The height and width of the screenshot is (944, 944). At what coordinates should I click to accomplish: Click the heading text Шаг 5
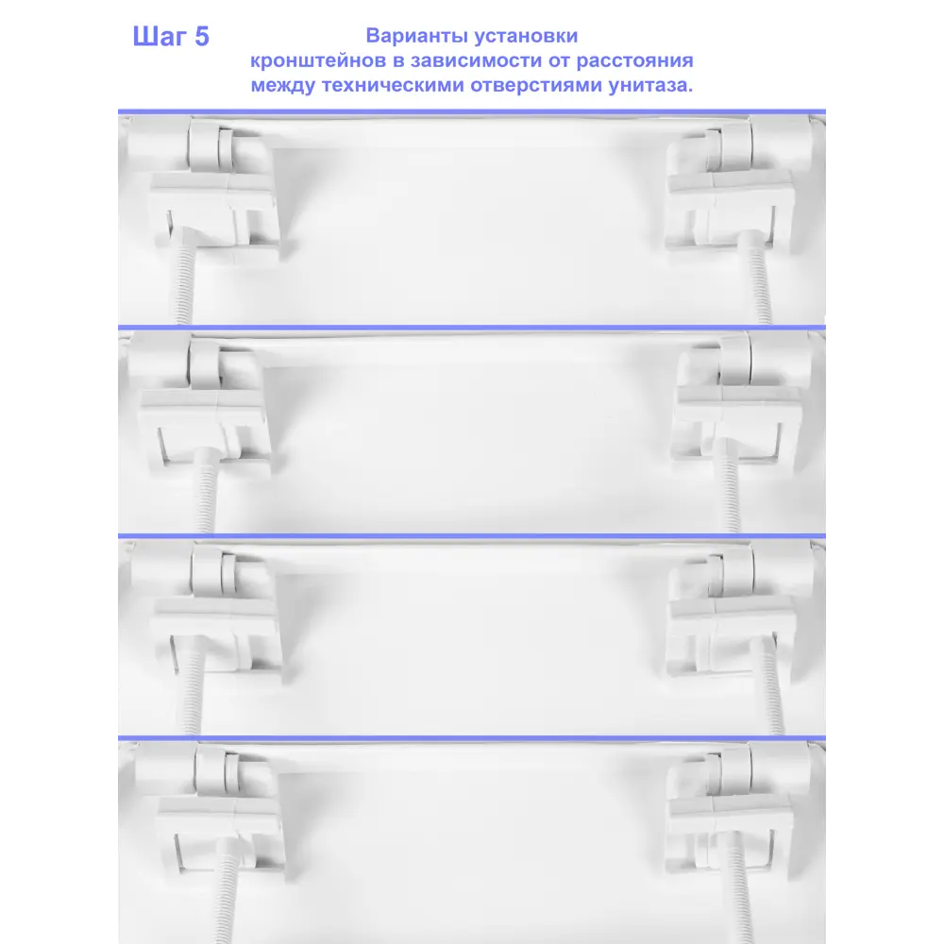pos(171,37)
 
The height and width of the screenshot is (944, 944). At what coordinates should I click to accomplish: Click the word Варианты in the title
pos(417,36)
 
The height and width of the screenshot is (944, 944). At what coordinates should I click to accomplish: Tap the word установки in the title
pos(526,37)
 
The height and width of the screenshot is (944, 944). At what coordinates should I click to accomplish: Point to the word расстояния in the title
pos(634,60)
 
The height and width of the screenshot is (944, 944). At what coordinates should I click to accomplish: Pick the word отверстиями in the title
pos(536,85)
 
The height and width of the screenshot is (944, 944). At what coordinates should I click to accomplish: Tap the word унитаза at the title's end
pos(650,85)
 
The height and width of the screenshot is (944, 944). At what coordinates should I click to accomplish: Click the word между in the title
pos(283,85)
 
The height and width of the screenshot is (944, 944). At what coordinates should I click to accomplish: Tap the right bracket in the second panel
pos(738,425)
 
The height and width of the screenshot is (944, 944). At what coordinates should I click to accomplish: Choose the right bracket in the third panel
pos(731,632)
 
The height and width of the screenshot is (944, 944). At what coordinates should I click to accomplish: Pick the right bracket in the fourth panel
pos(730,834)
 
